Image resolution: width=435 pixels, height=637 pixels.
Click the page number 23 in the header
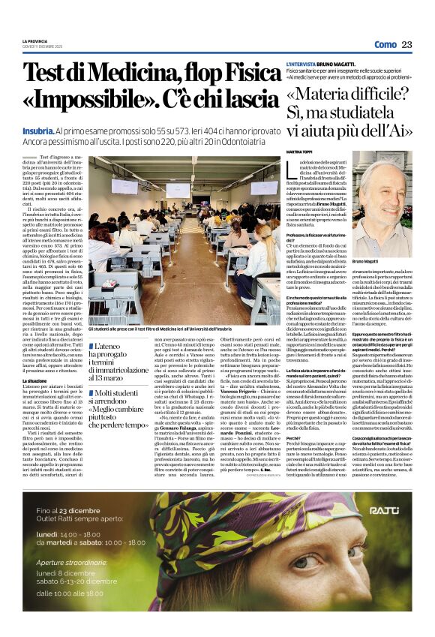point(406,44)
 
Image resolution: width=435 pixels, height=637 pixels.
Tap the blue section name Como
point(385,44)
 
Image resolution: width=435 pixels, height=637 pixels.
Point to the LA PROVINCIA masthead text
point(34,41)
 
